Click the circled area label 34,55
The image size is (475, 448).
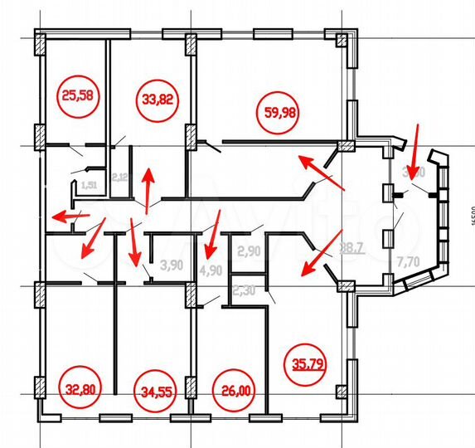click(x=152, y=388)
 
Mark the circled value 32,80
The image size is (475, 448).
click(x=80, y=387)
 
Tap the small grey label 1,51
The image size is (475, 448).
click(x=90, y=184)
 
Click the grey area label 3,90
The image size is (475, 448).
click(x=171, y=265)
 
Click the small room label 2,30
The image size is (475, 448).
click(x=244, y=290)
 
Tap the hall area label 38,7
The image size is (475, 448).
click(x=353, y=247)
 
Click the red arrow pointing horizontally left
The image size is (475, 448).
click(x=70, y=216)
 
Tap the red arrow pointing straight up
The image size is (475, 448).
click(x=148, y=189)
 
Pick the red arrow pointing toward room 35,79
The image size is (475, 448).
click(x=322, y=251)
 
